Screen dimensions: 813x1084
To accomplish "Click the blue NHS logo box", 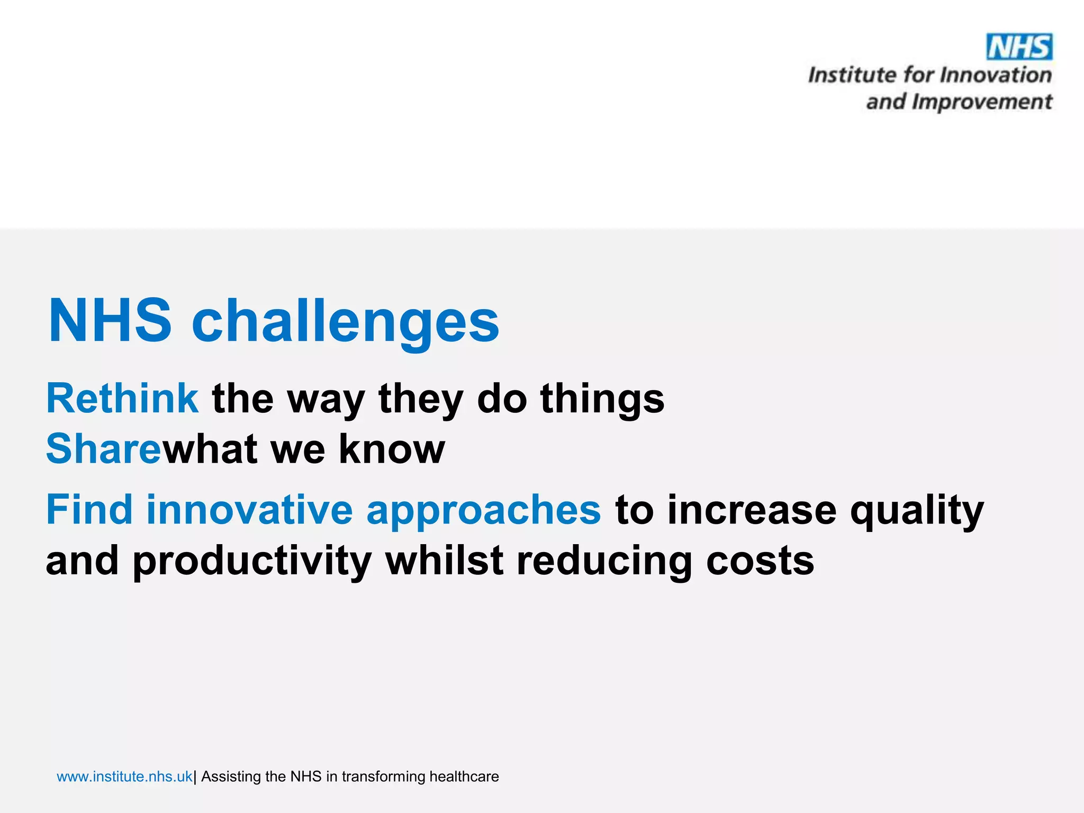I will point(1019,47).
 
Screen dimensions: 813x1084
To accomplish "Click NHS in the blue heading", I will point(110,320).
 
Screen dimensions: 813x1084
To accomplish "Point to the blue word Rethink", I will point(122,399).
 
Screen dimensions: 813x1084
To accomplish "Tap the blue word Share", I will point(103,449).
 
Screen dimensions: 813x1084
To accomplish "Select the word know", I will point(392,449).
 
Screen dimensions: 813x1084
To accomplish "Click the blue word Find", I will point(89,509).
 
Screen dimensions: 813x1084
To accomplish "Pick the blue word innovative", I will point(249,509).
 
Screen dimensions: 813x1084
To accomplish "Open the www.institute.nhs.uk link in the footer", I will point(124,776).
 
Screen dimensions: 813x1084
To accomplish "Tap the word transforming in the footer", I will point(383,776).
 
